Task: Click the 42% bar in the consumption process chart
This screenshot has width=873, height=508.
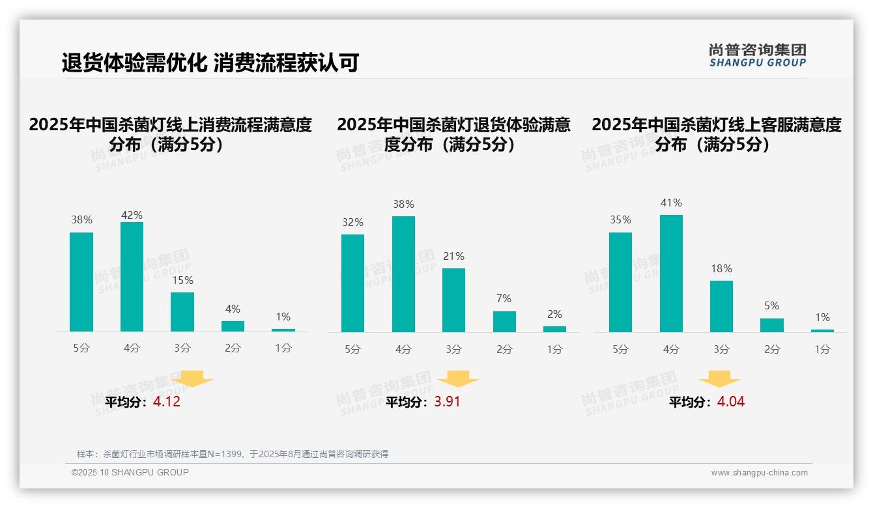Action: pos(132,277)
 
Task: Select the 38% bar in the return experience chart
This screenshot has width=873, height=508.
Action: pos(403,274)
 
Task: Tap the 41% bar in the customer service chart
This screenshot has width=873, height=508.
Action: pos(671,274)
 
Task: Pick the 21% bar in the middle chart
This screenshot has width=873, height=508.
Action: pos(453,300)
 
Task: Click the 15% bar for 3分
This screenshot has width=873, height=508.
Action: pos(182,312)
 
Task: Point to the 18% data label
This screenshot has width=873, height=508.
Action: pos(721,268)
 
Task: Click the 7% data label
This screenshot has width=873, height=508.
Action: pos(504,298)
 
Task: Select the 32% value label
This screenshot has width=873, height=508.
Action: pos(352,222)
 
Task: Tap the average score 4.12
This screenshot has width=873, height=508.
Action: pos(167,402)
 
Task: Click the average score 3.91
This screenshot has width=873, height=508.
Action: pos(447,402)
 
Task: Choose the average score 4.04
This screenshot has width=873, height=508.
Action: pos(730,402)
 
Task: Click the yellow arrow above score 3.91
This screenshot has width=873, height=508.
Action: pos(458,378)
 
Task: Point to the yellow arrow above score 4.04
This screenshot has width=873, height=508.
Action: pos(719,378)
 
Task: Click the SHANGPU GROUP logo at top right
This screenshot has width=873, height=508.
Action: pos(757,55)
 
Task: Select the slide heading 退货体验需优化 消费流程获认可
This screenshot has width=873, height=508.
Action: pos(210,63)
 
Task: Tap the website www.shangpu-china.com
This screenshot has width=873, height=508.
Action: pos(759,473)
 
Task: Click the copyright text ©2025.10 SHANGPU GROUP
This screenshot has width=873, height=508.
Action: pos(130,472)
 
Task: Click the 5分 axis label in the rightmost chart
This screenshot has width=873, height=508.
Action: pos(620,349)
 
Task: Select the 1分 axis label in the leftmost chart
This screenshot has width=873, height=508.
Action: pos(283,348)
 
